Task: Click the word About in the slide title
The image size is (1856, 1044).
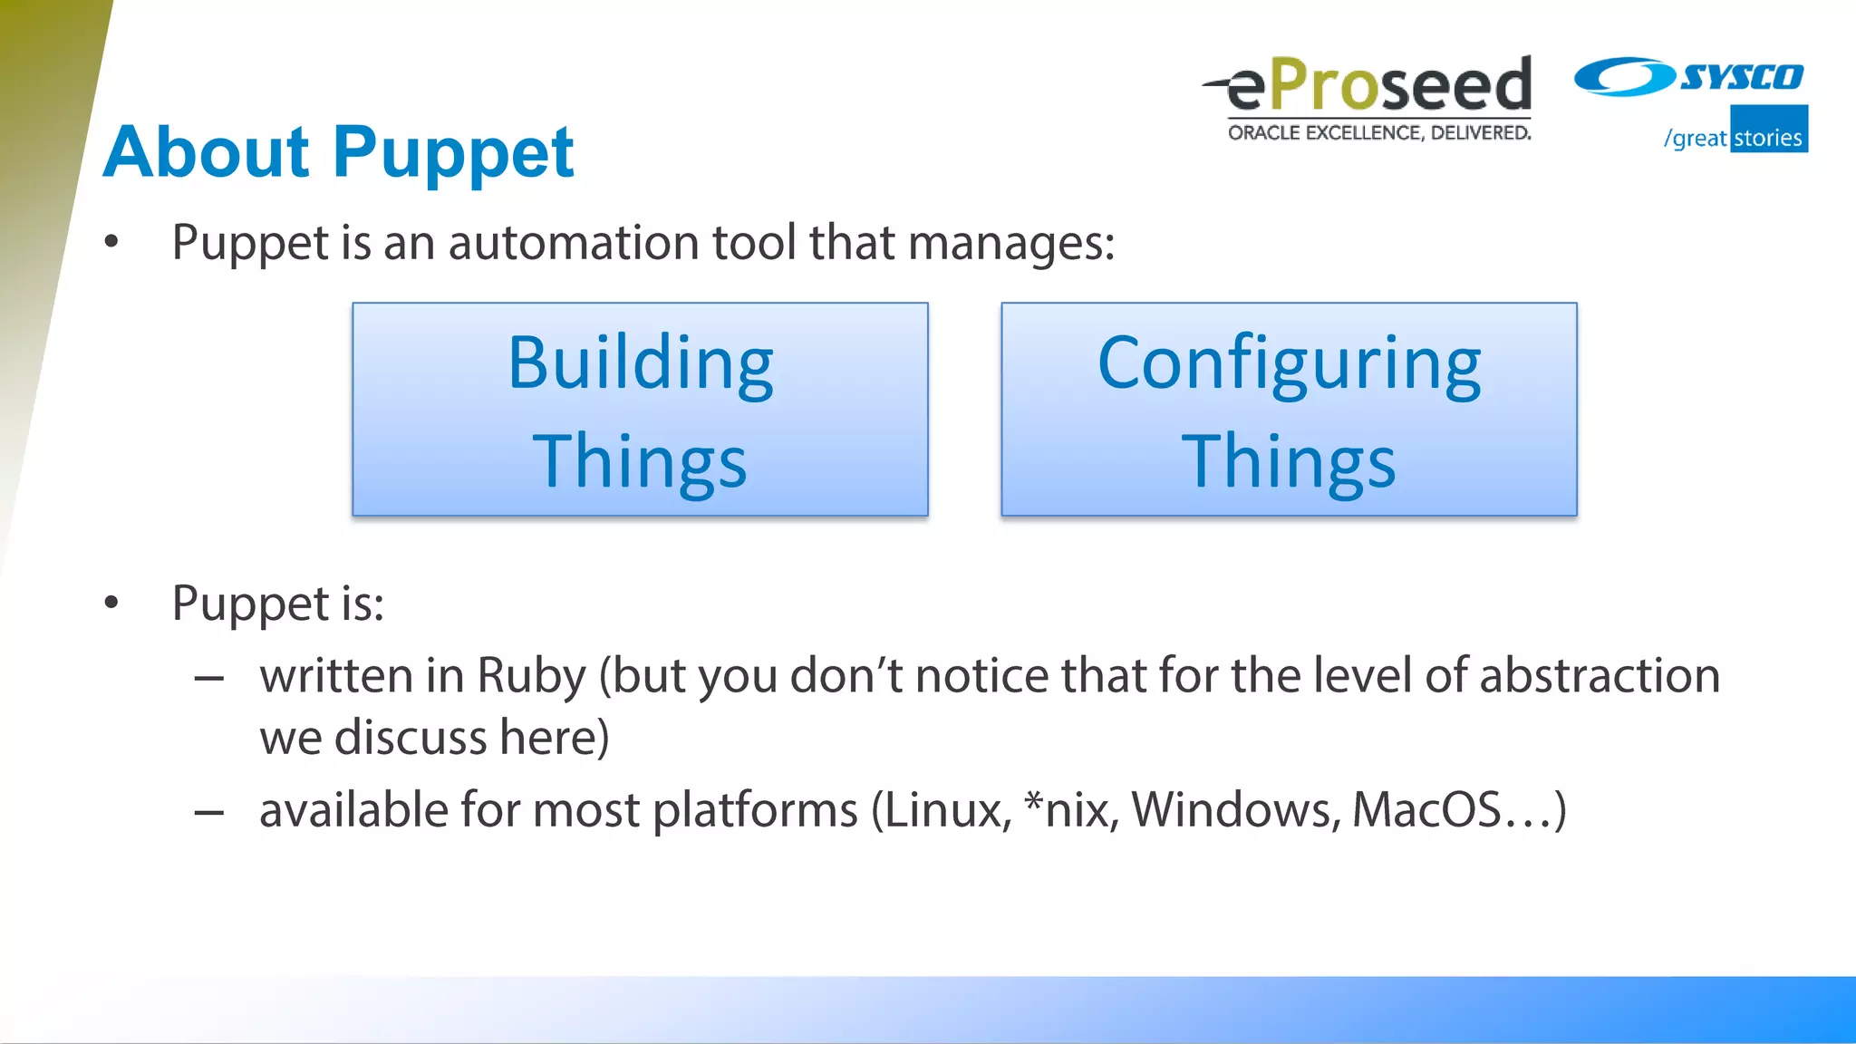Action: (x=207, y=152)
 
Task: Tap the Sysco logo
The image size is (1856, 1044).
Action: (x=1689, y=77)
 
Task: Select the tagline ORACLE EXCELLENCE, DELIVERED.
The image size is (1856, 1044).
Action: (x=1379, y=133)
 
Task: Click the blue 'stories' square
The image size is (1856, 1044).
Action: (x=1768, y=130)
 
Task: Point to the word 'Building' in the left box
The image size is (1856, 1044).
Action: (x=640, y=363)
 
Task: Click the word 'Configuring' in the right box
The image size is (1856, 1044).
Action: (x=1289, y=363)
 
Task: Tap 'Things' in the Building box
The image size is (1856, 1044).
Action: (x=640, y=461)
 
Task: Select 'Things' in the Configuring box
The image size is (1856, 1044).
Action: (x=1289, y=461)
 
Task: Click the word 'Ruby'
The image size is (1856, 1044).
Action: (x=531, y=676)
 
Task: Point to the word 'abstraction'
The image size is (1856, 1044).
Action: (x=1600, y=676)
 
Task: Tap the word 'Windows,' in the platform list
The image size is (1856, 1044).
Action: (x=1236, y=809)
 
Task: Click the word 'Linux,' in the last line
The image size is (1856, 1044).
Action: (x=947, y=809)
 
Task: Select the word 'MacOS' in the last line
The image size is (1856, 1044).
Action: (x=1426, y=809)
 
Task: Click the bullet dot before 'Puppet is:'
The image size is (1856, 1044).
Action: (x=111, y=603)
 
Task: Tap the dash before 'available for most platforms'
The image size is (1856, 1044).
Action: (x=208, y=812)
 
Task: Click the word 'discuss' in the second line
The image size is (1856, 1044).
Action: (x=411, y=738)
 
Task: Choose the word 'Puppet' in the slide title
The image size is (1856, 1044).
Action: (x=453, y=152)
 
